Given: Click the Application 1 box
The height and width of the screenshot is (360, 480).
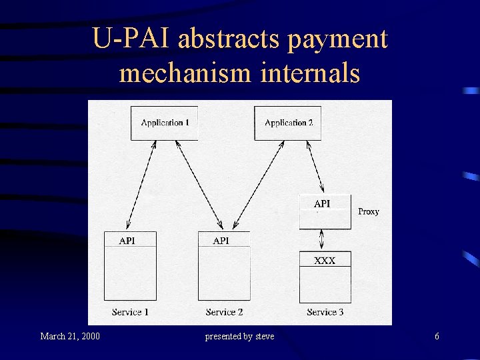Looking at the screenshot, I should pyautogui.click(x=165, y=123).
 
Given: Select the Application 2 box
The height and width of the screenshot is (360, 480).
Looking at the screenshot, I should pyautogui.click(x=288, y=123).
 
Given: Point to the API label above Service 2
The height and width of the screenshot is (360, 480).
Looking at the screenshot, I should pyautogui.click(x=221, y=241).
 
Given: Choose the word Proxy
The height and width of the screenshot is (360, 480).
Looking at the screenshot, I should pyautogui.click(x=369, y=211).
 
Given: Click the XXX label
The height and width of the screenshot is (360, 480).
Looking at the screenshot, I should pyautogui.click(x=325, y=261).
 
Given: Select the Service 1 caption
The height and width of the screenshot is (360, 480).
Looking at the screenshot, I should pyautogui.click(x=130, y=312).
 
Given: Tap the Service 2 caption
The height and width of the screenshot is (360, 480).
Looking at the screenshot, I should pyautogui.click(x=224, y=312).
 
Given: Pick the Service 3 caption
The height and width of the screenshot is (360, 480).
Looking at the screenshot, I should pyautogui.click(x=325, y=312).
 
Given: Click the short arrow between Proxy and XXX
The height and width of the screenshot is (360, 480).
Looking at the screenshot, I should pyautogui.click(x=323, y=239).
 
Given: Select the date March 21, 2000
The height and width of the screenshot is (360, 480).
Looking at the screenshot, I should pyautogui.click(x=70, y=336).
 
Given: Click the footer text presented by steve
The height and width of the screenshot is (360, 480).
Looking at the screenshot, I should pyautogui.click(x=239, y=336).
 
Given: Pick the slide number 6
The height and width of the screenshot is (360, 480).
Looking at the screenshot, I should pyautogui.click(x=437, y=336).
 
